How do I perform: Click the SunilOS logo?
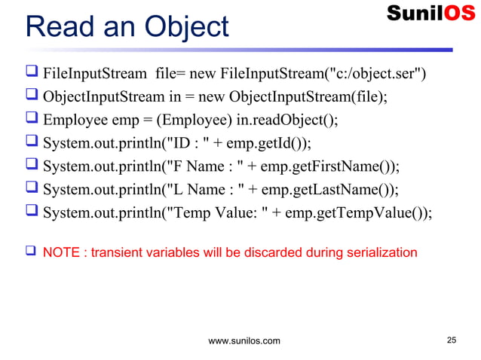[x=430, y=14]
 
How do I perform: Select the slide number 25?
[x=452, y=340]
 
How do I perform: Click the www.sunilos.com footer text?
[x=244, y=341]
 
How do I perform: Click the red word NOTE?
[x=61, y=252]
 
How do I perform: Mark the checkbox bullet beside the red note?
[x=31, y=252]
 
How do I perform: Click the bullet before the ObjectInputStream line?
[x=32, y=98]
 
